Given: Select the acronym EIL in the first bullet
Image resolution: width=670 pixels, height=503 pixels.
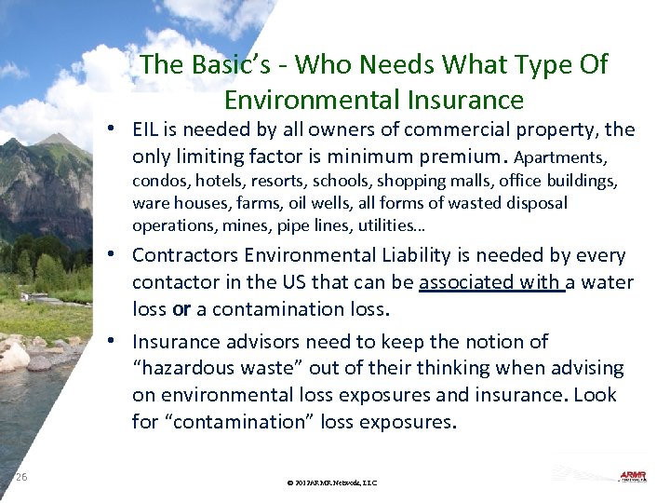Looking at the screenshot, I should (x=148, y=129).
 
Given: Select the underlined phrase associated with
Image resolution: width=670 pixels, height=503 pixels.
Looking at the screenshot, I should (x=491, y=281).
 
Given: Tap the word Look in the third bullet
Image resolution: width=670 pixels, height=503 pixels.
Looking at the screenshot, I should (x=595, y=395).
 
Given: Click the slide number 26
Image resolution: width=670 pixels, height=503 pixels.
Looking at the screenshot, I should (x=22, y=477).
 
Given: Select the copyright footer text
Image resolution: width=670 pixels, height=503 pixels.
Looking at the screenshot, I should (x=332, y=483).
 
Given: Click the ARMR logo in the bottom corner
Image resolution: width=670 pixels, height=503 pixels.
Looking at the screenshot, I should (x=632, y=477).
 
